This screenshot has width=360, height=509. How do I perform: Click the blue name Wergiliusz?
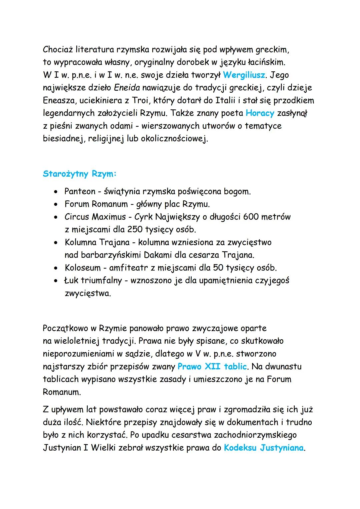tap(244, 75)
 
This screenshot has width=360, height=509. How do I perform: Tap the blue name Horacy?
tap(260, 113)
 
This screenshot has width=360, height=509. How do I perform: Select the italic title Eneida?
tap(127, 88)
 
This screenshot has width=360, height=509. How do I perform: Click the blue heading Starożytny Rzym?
tap(80, 174)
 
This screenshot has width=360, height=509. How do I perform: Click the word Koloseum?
tap(83, 268)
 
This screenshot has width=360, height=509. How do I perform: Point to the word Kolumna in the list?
tap(80, 242)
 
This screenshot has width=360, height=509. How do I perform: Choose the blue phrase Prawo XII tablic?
tap(212, 367)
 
